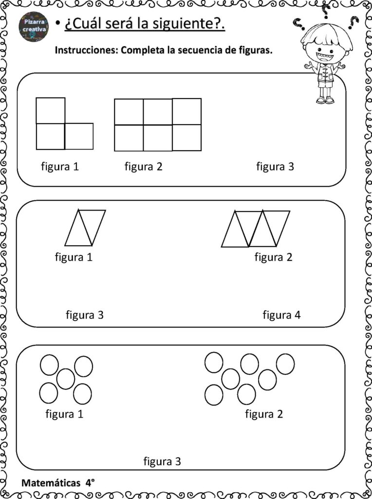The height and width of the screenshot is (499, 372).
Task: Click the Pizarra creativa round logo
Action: coord(34,26)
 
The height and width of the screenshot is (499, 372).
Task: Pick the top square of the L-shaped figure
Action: coord(51,111)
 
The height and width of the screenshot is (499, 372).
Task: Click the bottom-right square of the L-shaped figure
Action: coord(79,136)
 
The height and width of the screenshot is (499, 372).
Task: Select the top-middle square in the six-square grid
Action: coord(158,112)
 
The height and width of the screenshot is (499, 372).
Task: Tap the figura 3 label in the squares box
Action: coord(275,167)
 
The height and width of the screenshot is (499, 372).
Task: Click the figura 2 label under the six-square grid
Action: coord(143,167)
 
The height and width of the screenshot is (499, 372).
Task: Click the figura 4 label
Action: coord(281,315)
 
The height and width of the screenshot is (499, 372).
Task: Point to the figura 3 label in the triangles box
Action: coord(85,315)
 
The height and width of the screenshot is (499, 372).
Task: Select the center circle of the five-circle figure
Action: coord(66,379)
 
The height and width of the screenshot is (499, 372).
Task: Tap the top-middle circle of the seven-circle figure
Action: coord(249,364)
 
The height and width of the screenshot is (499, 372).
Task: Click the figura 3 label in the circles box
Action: coord(162,461)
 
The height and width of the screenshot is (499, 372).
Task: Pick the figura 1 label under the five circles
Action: coord(64,414)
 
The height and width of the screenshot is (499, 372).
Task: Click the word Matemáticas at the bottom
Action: coord(51,483)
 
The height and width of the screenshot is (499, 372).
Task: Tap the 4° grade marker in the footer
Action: coord(90,483)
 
